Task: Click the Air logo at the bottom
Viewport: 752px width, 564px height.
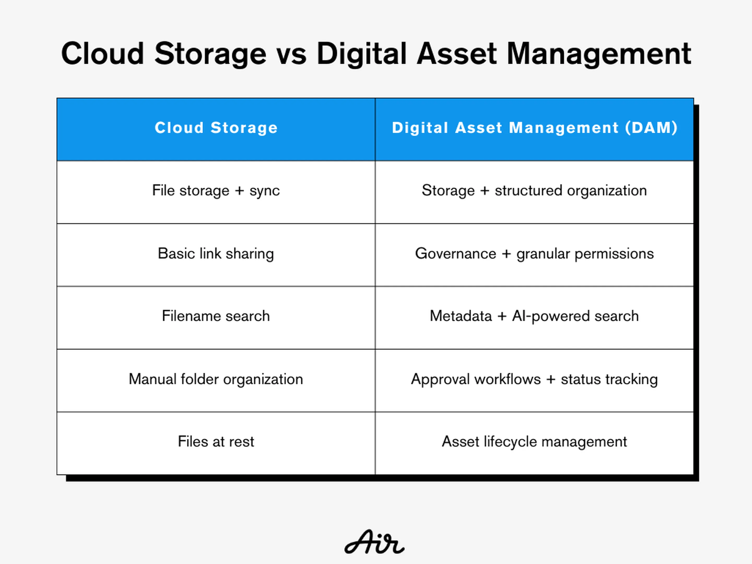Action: click(x=374, y=542)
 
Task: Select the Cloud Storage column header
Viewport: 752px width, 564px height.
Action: click(x=216, y=128)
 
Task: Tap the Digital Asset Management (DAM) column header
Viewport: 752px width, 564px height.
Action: click(x=535, y=128)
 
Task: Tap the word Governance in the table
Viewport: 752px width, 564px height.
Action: click(x=456, y=254)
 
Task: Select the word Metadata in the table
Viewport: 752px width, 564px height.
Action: click(x=461, y=316)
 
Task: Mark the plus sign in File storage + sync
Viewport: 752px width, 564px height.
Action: click(x=239, y=191)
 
